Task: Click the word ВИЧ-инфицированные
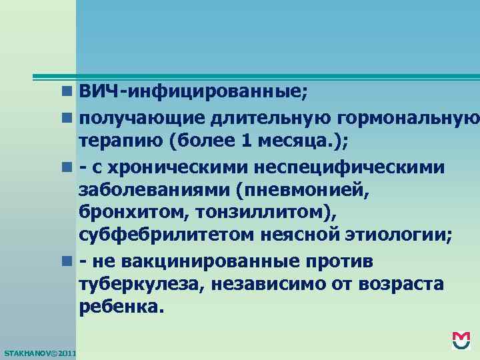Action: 193,91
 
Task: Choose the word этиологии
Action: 399,237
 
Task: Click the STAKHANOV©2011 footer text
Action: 39,352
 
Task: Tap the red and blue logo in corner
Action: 461,340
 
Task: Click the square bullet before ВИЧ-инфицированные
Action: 69,92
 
